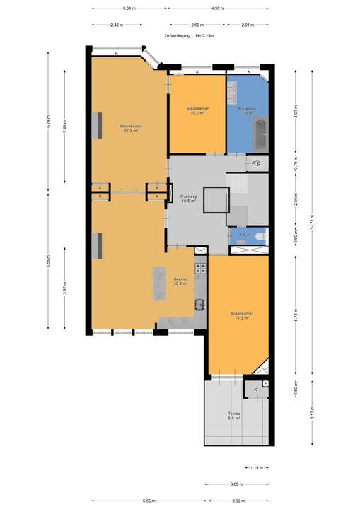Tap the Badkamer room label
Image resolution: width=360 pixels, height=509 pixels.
click(247, 110)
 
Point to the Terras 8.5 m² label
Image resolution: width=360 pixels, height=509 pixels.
click(234, 416)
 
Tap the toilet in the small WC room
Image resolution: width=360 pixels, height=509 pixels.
click(259, 237)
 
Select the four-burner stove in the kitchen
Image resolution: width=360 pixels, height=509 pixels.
click(201, 268)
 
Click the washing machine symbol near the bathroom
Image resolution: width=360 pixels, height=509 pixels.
click(256, 163)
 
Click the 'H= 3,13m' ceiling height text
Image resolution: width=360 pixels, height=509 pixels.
click(207, 34)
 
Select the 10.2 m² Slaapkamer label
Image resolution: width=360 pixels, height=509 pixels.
click(196, 111)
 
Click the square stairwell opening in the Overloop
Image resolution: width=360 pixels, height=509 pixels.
click(214, 200)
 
